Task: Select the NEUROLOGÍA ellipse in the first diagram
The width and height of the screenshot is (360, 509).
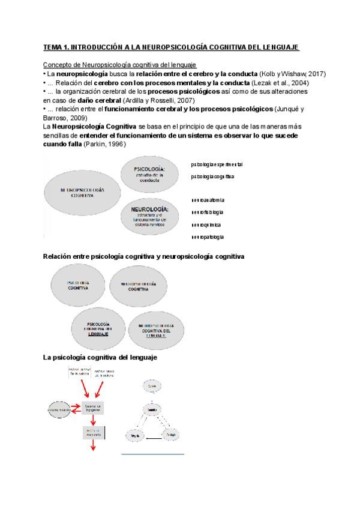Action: click(152, 217)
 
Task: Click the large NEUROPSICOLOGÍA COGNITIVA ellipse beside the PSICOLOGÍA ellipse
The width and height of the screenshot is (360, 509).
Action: click(82, 192)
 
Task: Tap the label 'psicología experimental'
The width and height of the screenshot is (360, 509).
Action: click(217, 164)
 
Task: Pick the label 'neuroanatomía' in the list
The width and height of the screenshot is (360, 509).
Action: click(209, 199)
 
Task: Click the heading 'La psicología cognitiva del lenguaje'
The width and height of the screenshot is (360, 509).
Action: click(100, 358)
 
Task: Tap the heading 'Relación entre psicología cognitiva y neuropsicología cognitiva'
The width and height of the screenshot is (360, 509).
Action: click(143, 256)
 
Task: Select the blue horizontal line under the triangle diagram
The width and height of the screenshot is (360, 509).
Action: click(152, 454)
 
